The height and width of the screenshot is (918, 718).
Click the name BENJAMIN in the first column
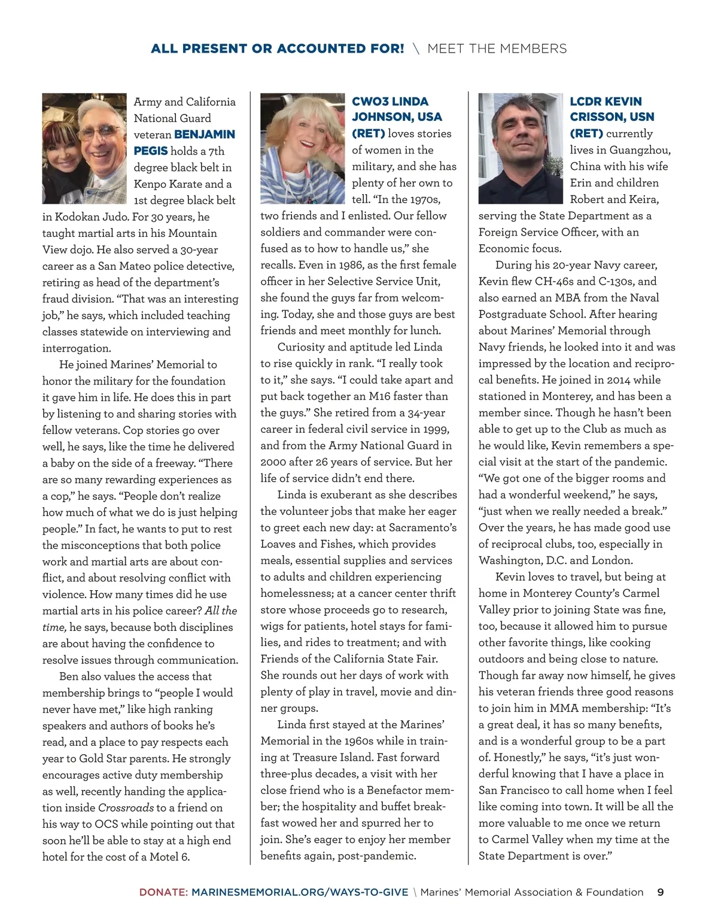(205, 135)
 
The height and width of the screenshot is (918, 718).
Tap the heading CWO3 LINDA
(390, 102)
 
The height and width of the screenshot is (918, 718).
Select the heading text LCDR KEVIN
(606, 102)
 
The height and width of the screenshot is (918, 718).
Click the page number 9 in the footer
(661, 892)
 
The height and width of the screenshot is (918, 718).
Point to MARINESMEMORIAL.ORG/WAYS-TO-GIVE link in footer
(300, 892)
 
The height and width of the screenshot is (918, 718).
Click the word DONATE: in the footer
(163, 892)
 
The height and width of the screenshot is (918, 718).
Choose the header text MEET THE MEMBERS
(497, 48)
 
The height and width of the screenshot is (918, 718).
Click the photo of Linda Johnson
(302, 148)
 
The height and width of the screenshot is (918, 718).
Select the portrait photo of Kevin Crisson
(520, 148)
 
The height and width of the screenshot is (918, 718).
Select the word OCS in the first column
(107, 824)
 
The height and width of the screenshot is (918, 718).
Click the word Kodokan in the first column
(77, 217)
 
